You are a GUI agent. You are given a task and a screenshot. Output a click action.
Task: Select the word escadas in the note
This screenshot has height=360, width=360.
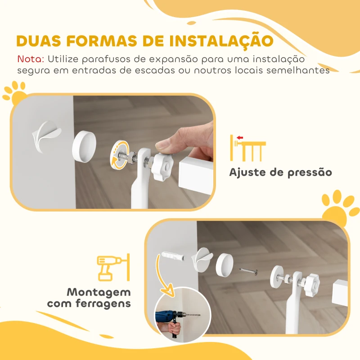(x=160, y=71)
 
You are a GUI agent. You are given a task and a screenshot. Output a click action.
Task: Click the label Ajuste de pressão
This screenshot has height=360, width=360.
(x=280, y=172)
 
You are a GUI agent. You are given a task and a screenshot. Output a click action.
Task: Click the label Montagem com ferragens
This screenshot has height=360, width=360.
(x=89, y=298)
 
